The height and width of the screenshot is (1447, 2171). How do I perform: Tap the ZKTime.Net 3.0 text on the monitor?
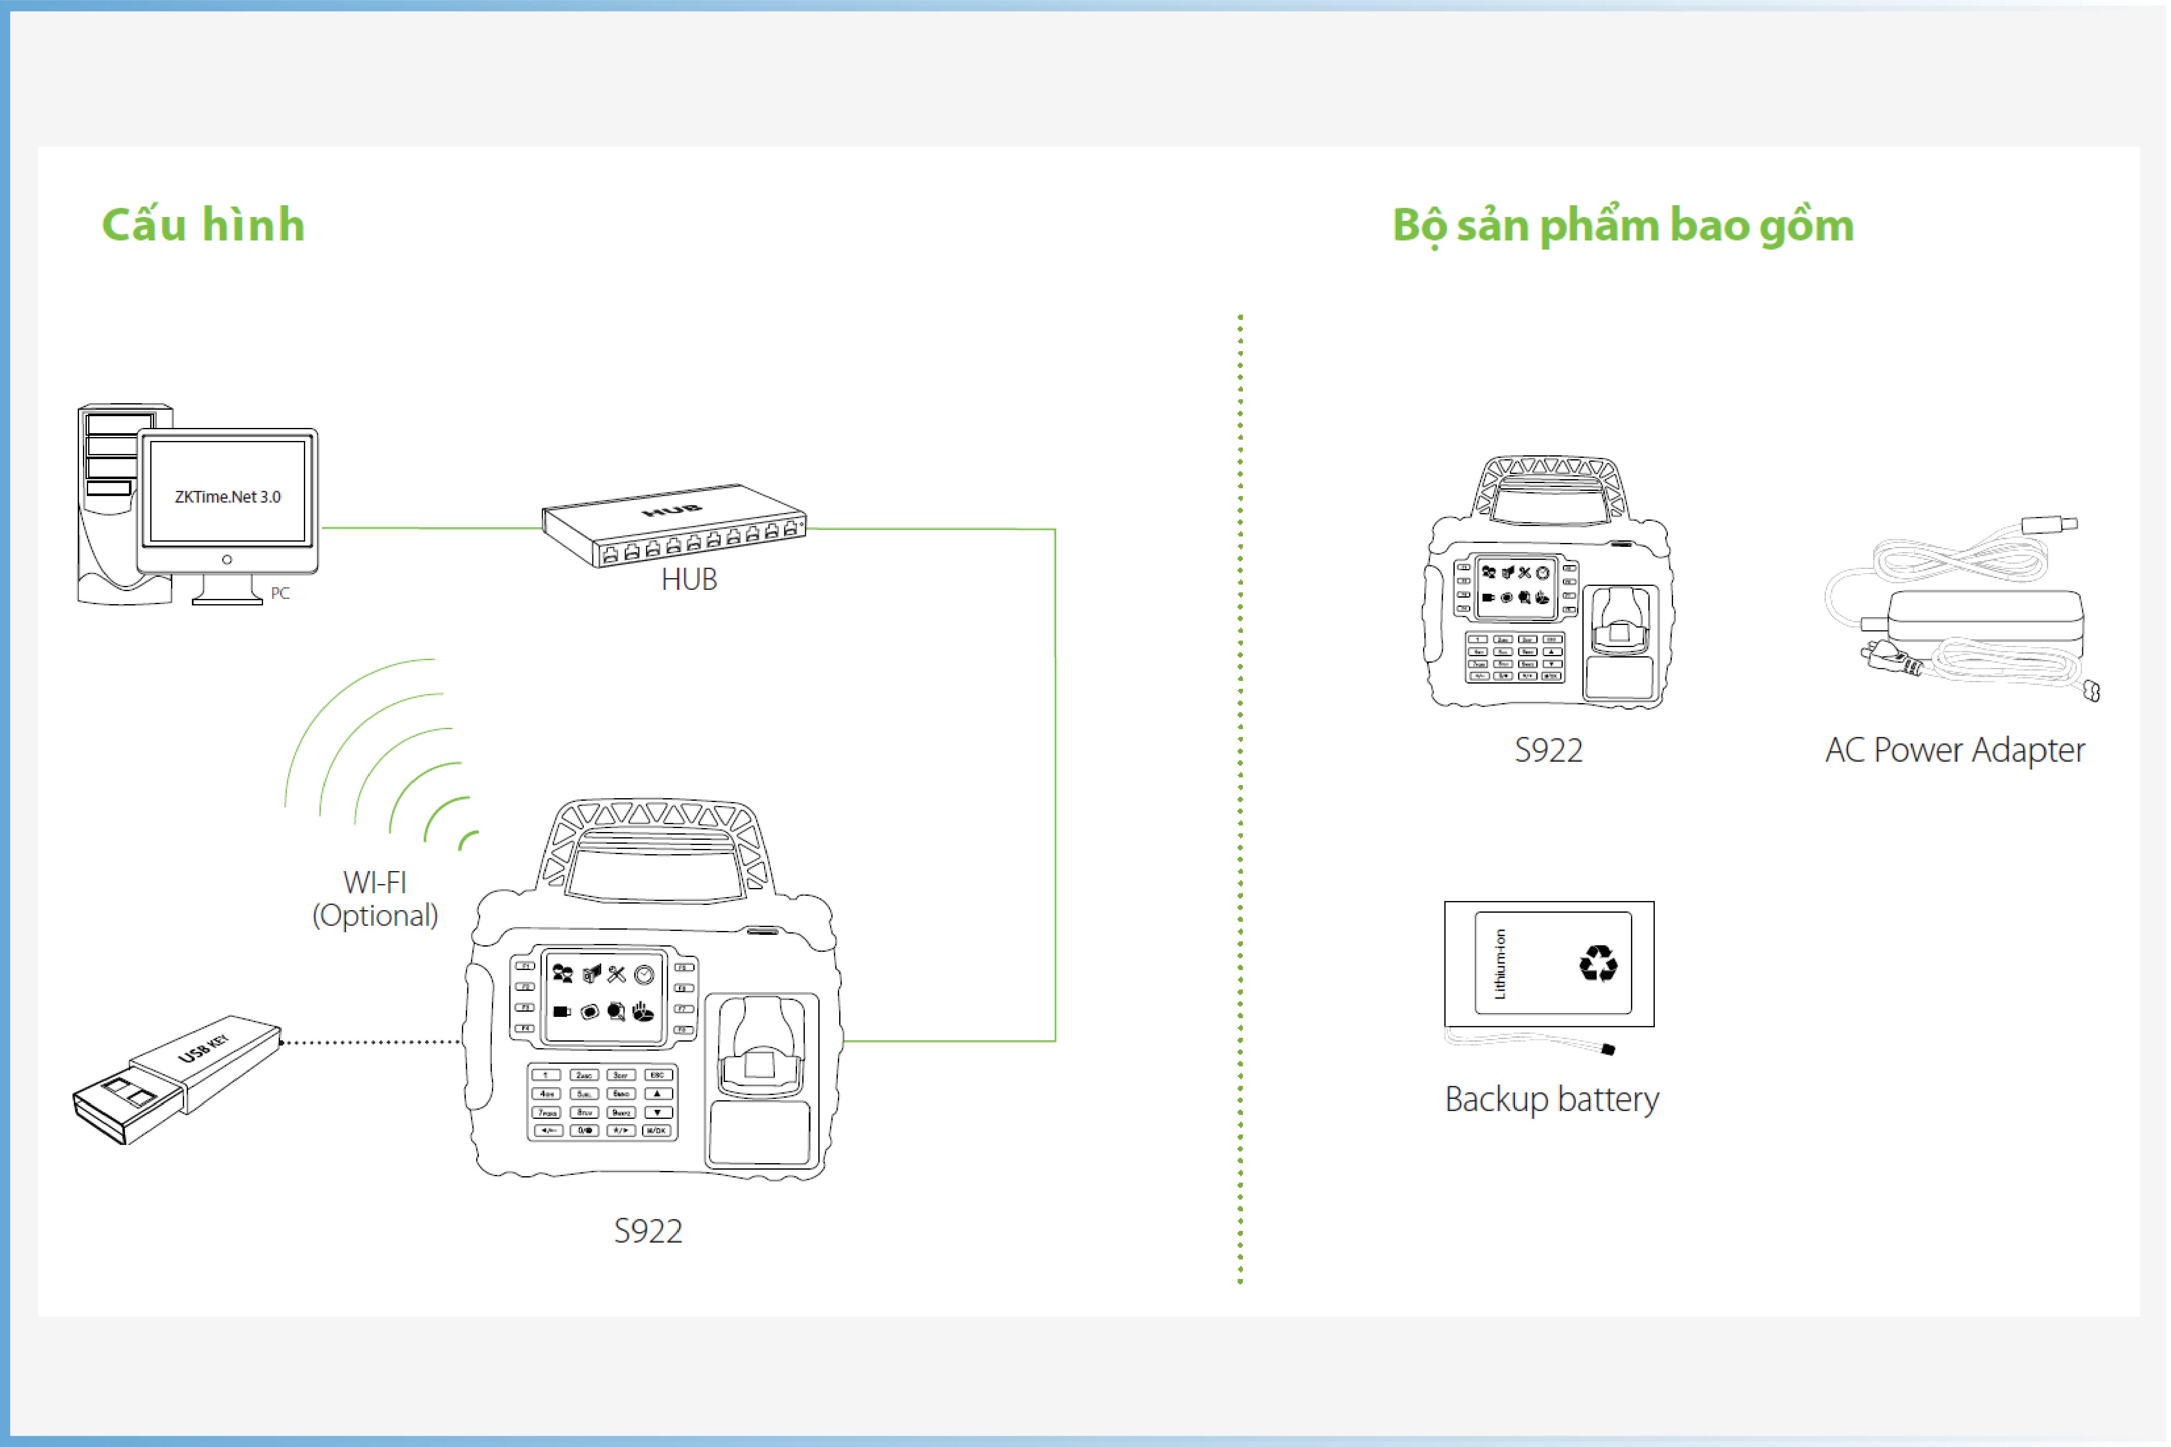[x=227, y=497]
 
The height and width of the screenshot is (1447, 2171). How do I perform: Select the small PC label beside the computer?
[x=280, y=593]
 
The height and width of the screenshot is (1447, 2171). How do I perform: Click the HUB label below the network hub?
[x=689, y=579]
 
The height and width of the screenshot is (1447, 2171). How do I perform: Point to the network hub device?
[x=674, y=526]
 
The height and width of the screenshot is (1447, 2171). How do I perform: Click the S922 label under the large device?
[x=648, y=1231]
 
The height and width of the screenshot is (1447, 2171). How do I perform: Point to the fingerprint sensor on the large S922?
[x=761, y=1052]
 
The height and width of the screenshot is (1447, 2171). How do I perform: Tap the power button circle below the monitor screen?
[x=227, y=559]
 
